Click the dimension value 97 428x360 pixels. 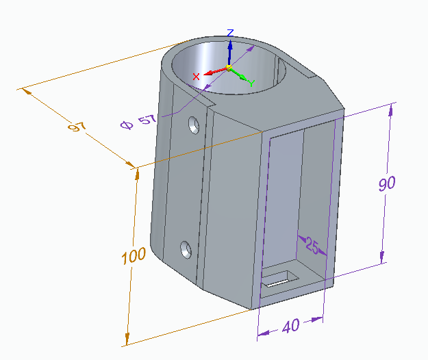[x=77, y=127]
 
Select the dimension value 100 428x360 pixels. [x=134, y=256]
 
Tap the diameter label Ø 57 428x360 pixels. [x=138, y=122]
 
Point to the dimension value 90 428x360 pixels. [x=387, y=183]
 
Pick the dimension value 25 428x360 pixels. [x=312, y=245]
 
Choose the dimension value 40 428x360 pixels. [x=291, y=326]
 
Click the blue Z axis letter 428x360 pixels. [x=230, y=33]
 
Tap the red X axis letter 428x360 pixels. [x=196, y=77]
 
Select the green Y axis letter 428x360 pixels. [x=252, y=83]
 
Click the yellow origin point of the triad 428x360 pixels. [x=229, y=67]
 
